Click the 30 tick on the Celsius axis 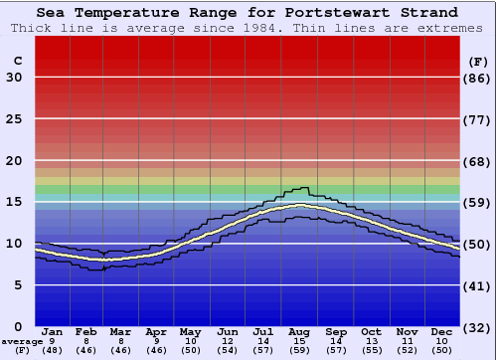tap(14, 78)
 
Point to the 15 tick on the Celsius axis tap(14, 202)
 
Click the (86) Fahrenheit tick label tap(478, 78)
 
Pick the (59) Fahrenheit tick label tap(478, 202)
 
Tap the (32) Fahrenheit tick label tap(478, 327)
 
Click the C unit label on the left tap(17, 61)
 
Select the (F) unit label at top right tap(478, 61)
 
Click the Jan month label tap(53, 331)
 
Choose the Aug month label tap(300, 331)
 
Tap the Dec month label tap(442, 331)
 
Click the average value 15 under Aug tap(300, 341)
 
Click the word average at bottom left tap(22, 341)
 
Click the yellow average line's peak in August tap(300, 205)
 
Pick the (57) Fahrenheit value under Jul tap(264, 351)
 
